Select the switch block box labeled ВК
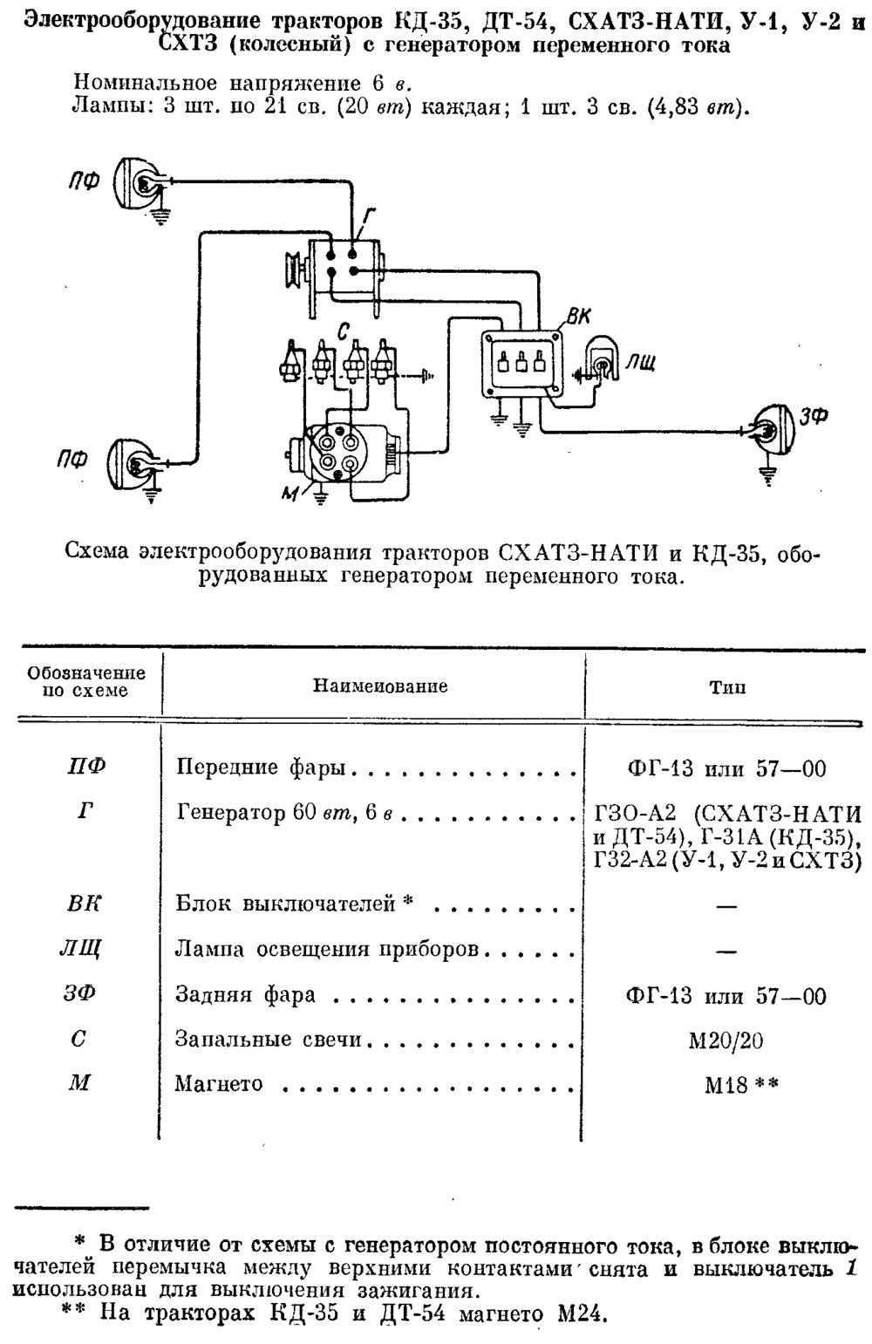pos(522,364)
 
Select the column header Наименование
pos(380,686)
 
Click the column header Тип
pos(727,686)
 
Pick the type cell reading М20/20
pos(726,1040)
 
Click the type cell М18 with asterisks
pos(741,1085)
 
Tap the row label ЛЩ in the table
pos(79,950)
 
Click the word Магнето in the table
pos(218,1083)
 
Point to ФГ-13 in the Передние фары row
pos(659,768)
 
